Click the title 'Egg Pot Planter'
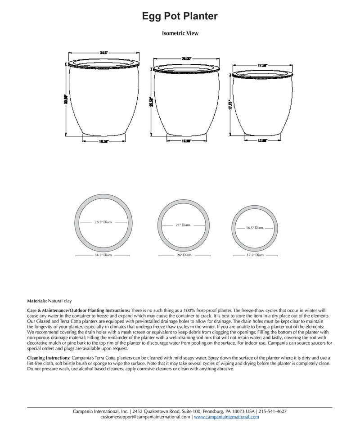pyautogui.click(x=180, y=16)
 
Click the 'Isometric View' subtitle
pyautogui.click(x=180, y=33)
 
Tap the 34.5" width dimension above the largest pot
pyautogui.click(x=103, y=53)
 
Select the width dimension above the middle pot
pyautogui.click(x=187, y=58)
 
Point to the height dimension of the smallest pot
pyautogui.click(x=230, y=106)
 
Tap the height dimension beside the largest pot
pyautogui.click(x=66, y=99)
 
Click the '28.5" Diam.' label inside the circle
pyautogui.click(x=103, y=222)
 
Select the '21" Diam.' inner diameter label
pyautogui.click(x=184, y=225)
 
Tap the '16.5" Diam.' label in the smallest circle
pyautogui.click(x=255, y=228)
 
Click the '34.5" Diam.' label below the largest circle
pyautogui.click(x=103, y=255)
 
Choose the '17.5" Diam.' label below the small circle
pyautogui.click(x=255, y=255)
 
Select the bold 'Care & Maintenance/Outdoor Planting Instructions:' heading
pyautogui.click(x=79, y=310)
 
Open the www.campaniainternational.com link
pyautogui.click(x=226, y=417)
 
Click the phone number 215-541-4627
pyautogui.click(x=273, y=411)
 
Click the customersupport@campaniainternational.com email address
pyautogui.click(x=145, y=417)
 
